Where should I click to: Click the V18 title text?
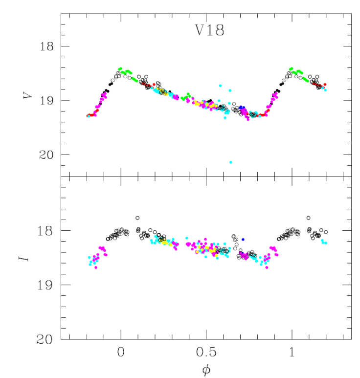209,30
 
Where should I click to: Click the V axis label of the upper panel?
28,94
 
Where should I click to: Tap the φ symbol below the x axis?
206,370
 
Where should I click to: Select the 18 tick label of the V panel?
46,46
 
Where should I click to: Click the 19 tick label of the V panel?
46,101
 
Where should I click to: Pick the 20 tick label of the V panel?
46,155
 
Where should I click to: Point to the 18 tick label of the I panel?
45,231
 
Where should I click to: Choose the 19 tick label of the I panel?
45,285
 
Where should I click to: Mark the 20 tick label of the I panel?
44,339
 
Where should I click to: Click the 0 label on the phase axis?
121,352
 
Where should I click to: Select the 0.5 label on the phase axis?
206,352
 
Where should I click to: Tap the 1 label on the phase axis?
292,352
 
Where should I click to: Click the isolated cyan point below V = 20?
231,162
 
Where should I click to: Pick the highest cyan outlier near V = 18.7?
220,86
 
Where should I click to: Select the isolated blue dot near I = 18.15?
243,240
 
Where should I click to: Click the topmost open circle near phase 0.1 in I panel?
137,218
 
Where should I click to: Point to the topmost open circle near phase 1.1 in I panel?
309,218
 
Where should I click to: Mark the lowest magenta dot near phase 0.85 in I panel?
267,267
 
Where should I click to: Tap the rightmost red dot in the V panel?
325,85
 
